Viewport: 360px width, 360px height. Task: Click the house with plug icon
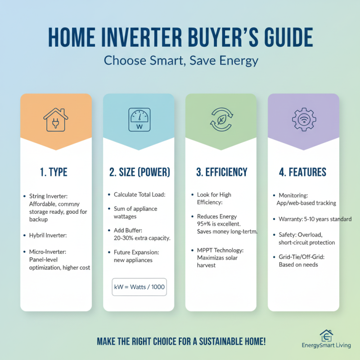[56, 119]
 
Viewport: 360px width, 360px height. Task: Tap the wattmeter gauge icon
[139, 119]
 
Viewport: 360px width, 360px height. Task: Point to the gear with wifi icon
[303, 119]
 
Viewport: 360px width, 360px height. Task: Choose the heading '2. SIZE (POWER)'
[139, 172]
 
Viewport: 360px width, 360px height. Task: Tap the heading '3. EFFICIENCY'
[221, 172]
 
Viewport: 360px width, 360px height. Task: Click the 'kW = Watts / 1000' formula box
[139, 287]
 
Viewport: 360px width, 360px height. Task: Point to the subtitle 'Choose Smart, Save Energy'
[180, 60]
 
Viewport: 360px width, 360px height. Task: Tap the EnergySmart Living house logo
[327, 336]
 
